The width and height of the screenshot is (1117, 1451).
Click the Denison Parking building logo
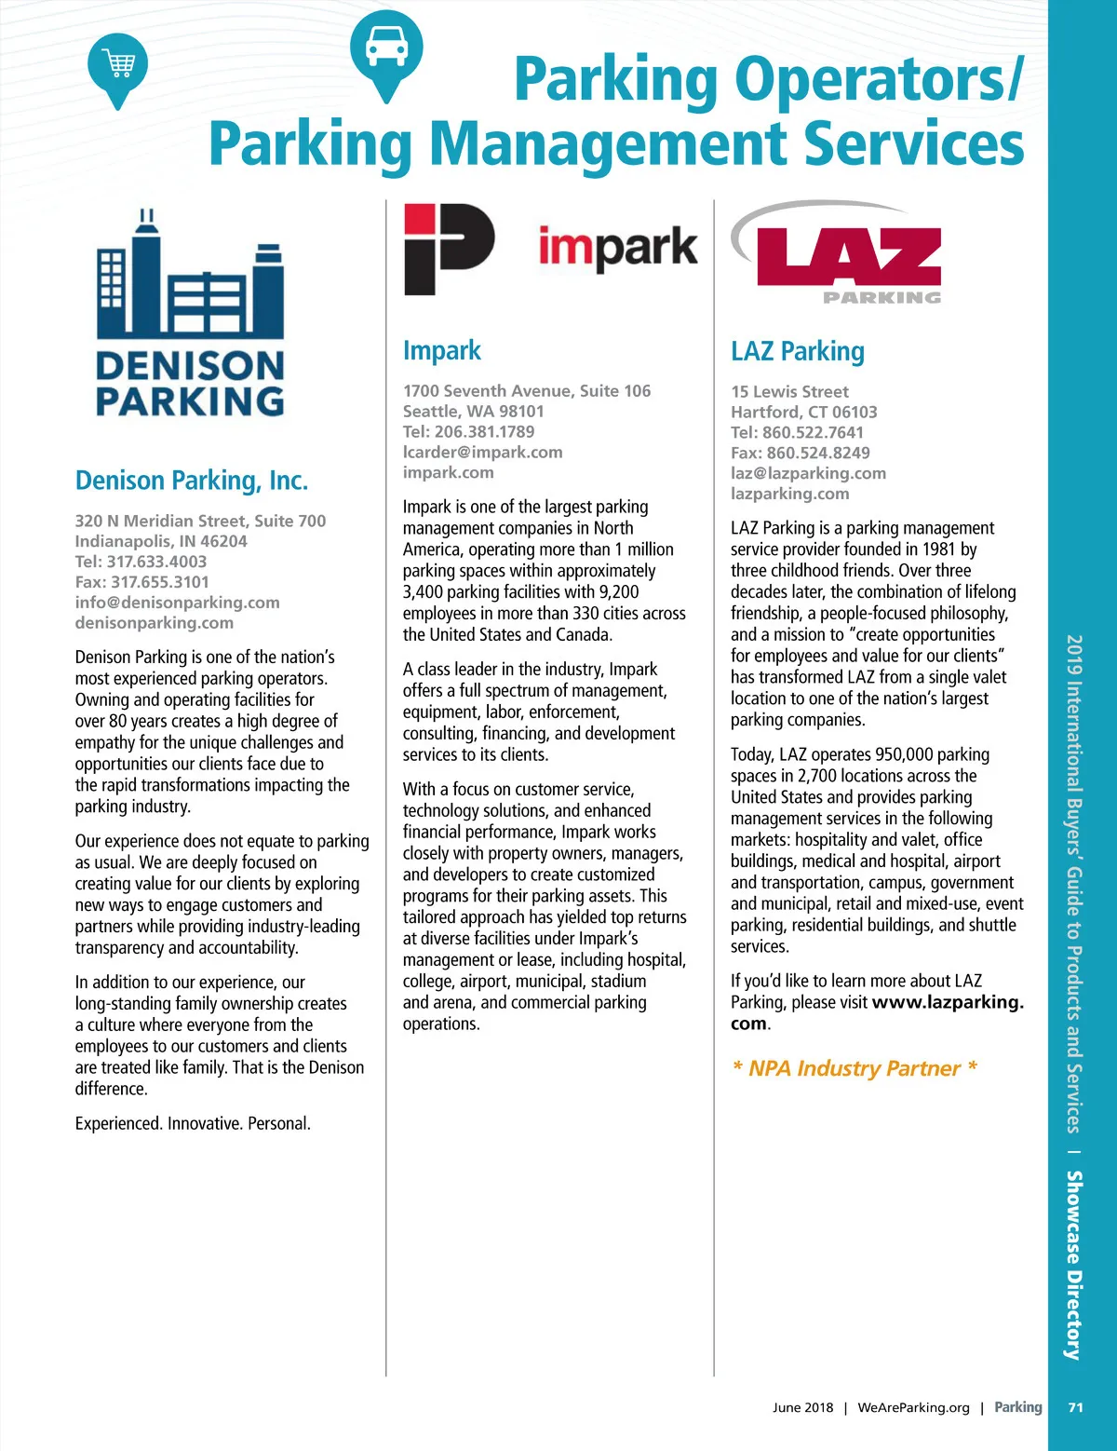[x=190, y=312]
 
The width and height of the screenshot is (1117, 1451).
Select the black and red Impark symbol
[x=448, y=249]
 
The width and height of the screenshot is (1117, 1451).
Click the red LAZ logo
[x=847, y=255]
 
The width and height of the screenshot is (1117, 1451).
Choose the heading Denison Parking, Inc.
[x=191, y=481]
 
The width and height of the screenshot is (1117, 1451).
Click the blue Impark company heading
[x=442, y=351]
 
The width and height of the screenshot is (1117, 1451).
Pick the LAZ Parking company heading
[x=798, y=352]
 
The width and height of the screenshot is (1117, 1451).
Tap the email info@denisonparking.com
[x=177, y=603]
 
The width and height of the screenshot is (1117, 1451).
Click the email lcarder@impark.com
[x=482, y=453]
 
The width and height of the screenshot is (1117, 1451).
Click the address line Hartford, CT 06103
[x=803, y=413]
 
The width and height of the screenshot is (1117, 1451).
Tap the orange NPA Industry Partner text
[x=854, y=1068]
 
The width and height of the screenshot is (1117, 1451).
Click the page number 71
[x=1075, y=1407]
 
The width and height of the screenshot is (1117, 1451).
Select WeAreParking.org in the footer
[x=913, y=1407]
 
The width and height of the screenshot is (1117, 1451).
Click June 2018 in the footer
[x=802, y=1407]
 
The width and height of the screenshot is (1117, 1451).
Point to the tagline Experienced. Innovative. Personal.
[x=193, y=1124]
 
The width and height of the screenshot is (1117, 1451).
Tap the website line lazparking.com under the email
[x=789, y=494]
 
